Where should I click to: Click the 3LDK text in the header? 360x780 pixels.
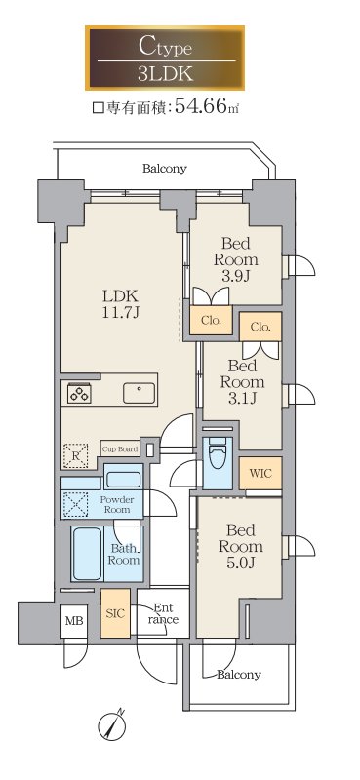click(165, 74)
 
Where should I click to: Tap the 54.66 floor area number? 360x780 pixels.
click(201, 106)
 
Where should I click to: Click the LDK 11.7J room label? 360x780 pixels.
click(120, 304)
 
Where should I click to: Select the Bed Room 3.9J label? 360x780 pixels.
click(235, 259)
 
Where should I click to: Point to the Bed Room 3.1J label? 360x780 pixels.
click(242, 382)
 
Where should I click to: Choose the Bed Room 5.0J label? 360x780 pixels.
click(241, 546)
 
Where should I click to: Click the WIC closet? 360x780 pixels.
click(260, 473)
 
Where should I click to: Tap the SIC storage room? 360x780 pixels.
click(115, 613)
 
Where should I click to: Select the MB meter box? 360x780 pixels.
click(74, 621)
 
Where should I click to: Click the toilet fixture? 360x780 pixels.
click(218, 453)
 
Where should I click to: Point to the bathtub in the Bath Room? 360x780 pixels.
click(87, 554)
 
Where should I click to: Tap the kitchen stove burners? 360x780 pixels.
click(80, 394)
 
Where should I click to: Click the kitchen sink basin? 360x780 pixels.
click(140, 394)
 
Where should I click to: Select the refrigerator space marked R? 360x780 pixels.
click(75, 455)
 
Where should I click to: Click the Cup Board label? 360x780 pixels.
click(120, 449)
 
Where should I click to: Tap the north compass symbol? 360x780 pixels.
click(112, 725)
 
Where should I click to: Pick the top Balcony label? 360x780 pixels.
click(165, 169)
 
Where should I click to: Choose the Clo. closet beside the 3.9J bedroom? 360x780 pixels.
click(211, 321)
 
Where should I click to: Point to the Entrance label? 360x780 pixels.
click(162, 614)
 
